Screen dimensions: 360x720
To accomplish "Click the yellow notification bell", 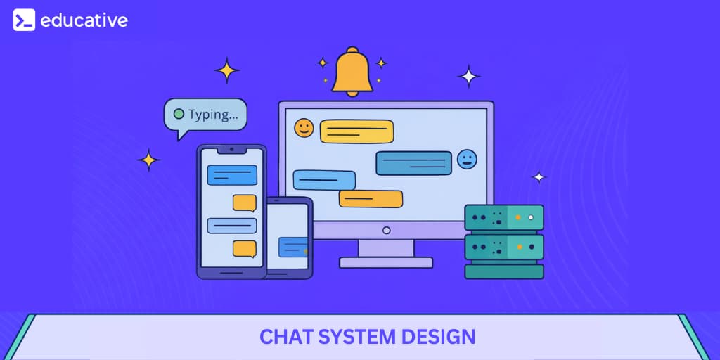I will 352,73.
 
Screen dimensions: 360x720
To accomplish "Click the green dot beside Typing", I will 179,113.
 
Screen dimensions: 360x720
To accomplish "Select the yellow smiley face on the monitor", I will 304,127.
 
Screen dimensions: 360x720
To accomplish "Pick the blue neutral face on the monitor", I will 466,160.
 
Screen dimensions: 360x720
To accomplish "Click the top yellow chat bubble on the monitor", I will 356,131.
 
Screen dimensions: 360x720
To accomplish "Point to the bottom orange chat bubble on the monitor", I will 371,199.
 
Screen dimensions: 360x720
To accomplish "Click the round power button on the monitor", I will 386,230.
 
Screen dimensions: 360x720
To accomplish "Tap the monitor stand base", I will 386,262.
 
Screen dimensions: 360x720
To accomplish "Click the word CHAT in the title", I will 286,337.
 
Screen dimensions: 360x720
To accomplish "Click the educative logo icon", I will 24,20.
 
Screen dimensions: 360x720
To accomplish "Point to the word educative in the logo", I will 84,20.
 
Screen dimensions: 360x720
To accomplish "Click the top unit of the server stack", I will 503,217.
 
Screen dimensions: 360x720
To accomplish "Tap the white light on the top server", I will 531,217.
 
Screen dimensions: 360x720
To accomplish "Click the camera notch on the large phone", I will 231,150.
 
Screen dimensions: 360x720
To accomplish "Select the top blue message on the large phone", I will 232,174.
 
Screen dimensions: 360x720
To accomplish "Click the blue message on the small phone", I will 292,247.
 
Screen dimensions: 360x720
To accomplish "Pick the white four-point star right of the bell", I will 468,76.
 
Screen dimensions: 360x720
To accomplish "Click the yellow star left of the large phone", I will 148,160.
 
